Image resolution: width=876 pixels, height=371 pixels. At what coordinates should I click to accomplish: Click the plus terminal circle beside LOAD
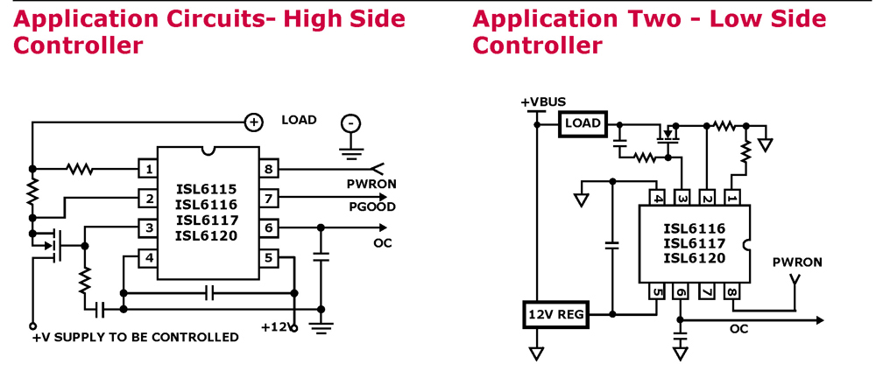coord(252,122)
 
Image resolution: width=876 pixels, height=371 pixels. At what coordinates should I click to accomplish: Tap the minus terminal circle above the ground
coord(350,123)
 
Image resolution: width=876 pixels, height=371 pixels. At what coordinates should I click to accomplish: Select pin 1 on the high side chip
coord(150,169)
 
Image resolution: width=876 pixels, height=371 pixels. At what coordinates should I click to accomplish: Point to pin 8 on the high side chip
coord(269,169)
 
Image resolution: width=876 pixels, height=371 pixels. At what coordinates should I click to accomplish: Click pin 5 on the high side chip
coord(269,259)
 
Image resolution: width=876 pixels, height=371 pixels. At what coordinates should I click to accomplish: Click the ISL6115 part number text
coord(206,189)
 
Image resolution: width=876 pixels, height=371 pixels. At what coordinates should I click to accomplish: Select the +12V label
coord(274,326)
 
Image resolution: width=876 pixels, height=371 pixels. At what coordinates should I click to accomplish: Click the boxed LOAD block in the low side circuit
coord(583,123)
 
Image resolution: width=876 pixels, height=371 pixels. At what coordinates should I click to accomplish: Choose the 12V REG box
coord(555,314)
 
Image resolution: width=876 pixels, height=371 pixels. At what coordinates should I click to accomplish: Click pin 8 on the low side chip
coord(731,292)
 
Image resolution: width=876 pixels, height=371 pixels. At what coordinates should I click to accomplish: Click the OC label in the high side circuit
coord(382,242)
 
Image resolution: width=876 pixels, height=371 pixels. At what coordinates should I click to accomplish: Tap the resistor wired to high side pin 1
coord(81,169)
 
